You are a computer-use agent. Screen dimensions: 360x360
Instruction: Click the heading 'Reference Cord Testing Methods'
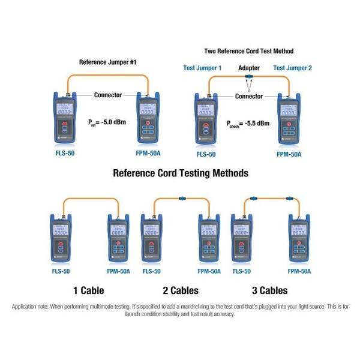click(x=180, y=173)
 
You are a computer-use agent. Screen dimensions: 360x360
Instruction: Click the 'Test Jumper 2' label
click(x=292, y=68)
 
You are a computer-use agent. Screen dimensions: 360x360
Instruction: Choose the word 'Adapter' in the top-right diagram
click(x=248, y=68)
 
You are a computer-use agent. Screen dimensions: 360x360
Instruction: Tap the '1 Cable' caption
click(x=88, y=290)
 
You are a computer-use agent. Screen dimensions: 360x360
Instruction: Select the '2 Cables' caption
click(x=179, y=290)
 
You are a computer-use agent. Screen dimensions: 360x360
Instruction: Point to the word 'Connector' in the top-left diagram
click(x=108, y=95)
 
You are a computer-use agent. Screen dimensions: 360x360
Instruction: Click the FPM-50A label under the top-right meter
click(x=290, y=154)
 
